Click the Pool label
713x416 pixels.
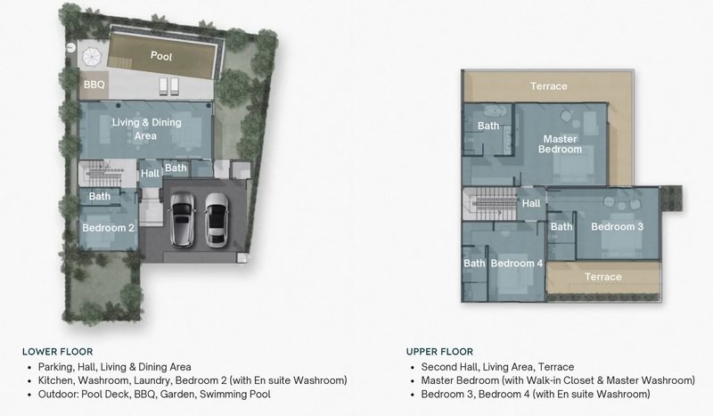[161, 56]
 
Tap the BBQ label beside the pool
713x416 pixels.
[94, 86]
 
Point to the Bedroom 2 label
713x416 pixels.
[108, 228]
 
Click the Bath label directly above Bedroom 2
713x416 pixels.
[99, 197]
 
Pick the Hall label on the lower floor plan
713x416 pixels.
[151, 174]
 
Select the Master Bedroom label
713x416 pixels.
[560, 144]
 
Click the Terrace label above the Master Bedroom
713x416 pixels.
[549, 86]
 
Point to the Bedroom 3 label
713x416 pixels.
[617, 226]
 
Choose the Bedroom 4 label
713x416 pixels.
[516, 264]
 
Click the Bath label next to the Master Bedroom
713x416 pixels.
[488, 126]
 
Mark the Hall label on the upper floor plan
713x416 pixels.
[531, 204]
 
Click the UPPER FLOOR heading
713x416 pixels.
[440, 351]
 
